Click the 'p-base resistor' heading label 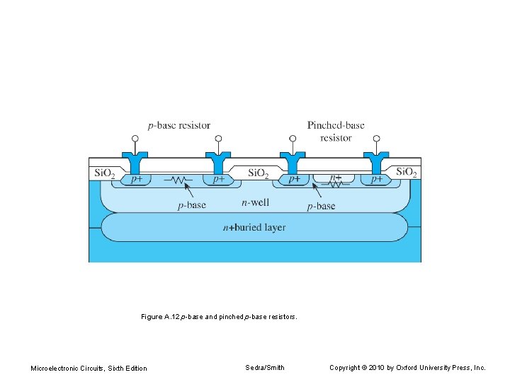coord(179,126)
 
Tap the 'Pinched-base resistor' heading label coord(336,132)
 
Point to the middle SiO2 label coord(258,173)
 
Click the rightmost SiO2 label coord(407,172)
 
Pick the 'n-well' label coord(255,203)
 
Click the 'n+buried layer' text coord(254,227)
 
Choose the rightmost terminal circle coord(376,139)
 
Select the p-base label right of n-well coord(321,206)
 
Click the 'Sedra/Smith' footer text coord(265,367)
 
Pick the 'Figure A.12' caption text coord(219,317)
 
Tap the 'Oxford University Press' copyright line coord(407,367)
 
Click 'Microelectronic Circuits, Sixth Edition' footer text coord(89,368)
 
